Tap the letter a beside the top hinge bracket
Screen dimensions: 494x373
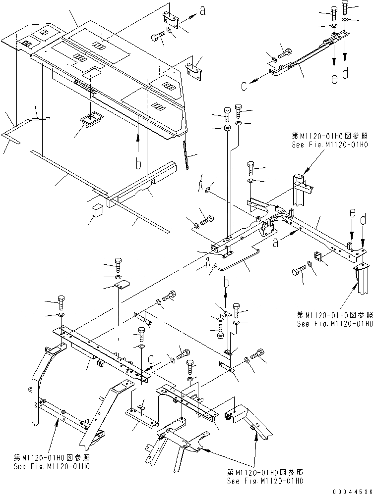click(x=202, y=10)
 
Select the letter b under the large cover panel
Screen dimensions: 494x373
click(x=139, y=163)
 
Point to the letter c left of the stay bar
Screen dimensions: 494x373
click(x=244, y=86)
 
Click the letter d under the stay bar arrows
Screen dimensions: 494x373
click(x=345, y=74)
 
